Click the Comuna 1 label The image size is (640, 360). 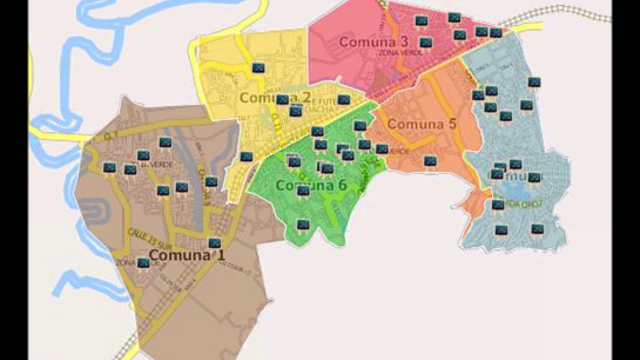[187, 255]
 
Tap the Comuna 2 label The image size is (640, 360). [272, 97]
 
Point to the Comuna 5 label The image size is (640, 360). [422, 124]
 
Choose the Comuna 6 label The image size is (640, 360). [311, 185]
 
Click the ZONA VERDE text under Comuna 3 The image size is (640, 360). [401, 52]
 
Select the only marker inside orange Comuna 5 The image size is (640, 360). [430, 161]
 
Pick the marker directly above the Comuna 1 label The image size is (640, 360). [214, 243]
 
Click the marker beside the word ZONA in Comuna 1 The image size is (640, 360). [143, 263]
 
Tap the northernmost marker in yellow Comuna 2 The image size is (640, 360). [258, 68]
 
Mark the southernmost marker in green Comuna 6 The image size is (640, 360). [303, 225]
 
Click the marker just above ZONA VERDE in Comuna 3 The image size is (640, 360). [426, 43]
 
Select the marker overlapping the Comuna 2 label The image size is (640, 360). [282, 99]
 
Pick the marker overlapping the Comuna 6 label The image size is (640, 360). [303, 190]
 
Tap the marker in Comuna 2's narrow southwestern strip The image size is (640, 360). [246, 156]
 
